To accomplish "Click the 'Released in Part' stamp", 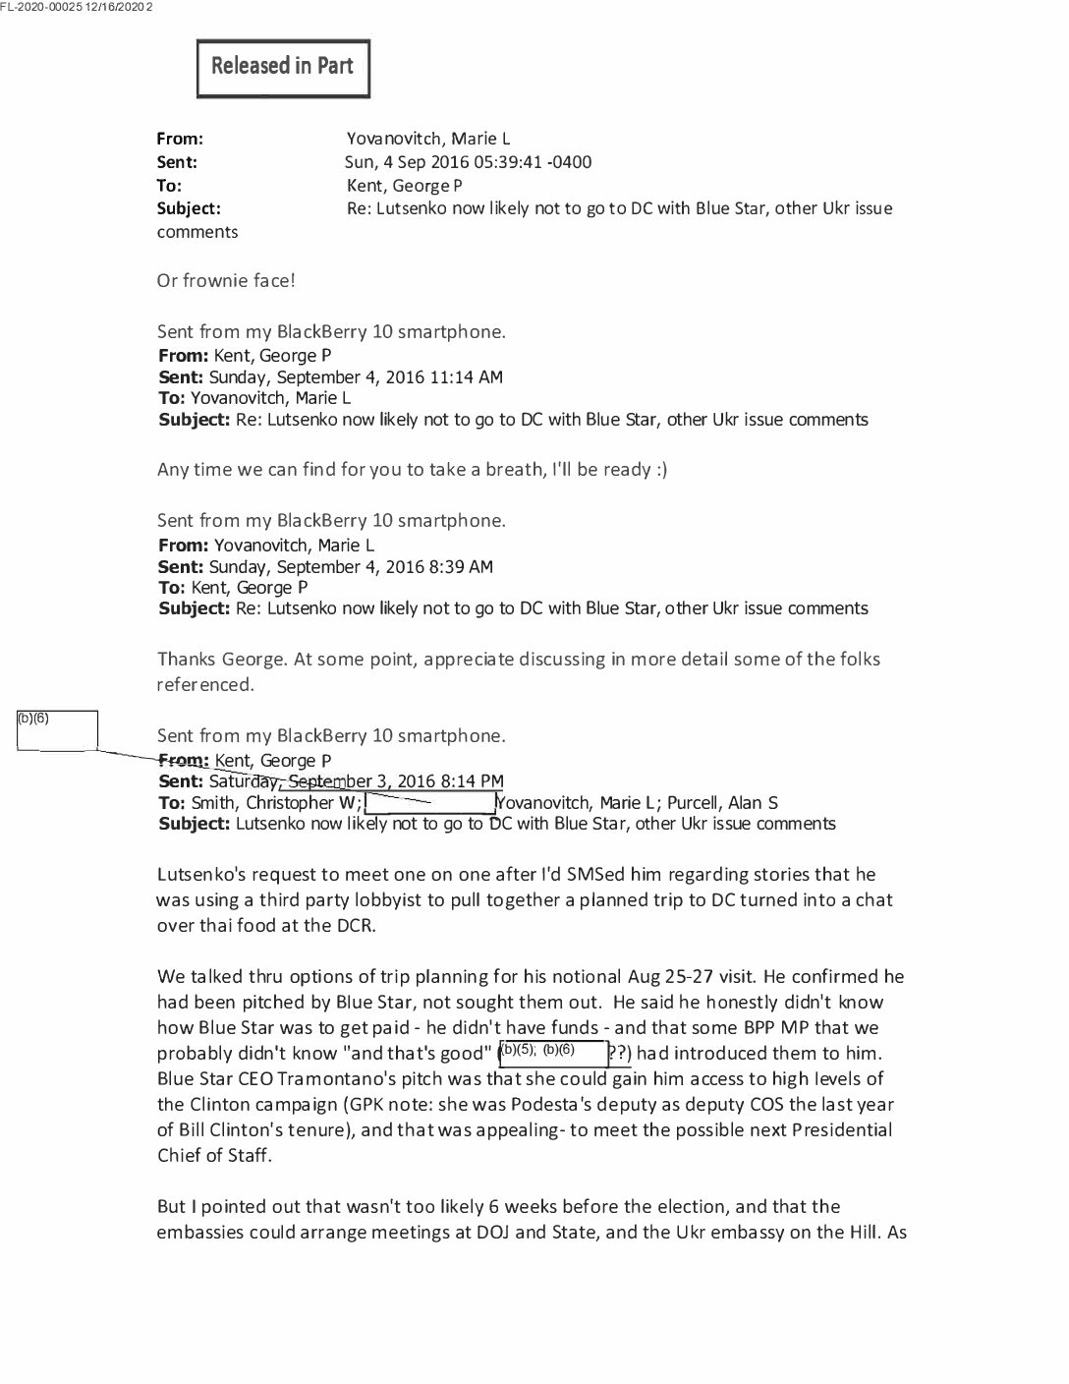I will (283, 68).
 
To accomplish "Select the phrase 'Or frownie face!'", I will (226, 280).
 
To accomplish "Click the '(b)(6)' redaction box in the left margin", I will (57, 730).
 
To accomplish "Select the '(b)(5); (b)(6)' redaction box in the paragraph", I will (553, 1053).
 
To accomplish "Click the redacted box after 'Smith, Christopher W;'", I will (429, 802).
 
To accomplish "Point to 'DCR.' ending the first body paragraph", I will (355, 925).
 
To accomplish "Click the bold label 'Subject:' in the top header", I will (189, 208).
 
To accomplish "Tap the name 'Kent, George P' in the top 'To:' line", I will (404, 185).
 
